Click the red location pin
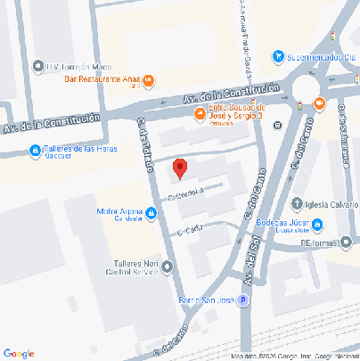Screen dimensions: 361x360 click(179, 168)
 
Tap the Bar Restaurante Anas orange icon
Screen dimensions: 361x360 click(149, 81)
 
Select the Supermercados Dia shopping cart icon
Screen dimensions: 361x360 click(279, 56)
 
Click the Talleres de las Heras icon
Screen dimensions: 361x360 click(34, 150)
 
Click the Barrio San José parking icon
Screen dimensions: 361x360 click(243, 301)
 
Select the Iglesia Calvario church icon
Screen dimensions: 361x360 click(297, 201)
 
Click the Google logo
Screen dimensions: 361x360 click(19, 353)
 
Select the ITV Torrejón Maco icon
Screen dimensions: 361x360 click(37, 66)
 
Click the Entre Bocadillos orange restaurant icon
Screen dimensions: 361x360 click(200, 112)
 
